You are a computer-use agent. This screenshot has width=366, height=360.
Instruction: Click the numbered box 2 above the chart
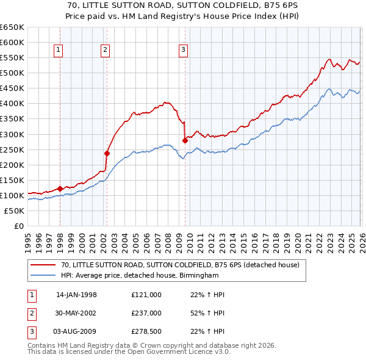[x=106, y=51]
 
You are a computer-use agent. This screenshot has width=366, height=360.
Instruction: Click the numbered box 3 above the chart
[x=183, y=51]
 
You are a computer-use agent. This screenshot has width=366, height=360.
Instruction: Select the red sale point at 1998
[x=60, y=189]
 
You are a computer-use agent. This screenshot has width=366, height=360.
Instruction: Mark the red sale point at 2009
[x=184, y=140]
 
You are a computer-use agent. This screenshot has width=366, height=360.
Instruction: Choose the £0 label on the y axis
[x=18, y=226]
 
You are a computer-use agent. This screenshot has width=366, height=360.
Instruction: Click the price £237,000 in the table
[x=146, y=313]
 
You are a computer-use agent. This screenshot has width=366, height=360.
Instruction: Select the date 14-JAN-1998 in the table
[x=76, y=295]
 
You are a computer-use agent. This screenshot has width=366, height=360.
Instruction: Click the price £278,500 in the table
[x=146, y=332]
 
